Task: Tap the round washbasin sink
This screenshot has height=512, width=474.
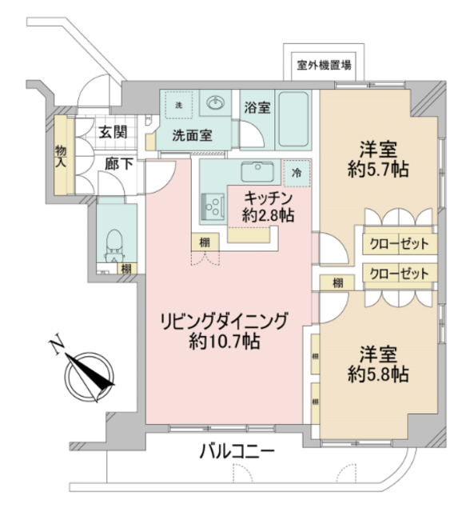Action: (x=215, y=103)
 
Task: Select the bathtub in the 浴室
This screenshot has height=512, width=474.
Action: (x=293, y=119)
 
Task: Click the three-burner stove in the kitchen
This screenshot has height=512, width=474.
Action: (x=213, y=206)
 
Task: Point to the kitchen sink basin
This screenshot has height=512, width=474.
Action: (x=257, y=172)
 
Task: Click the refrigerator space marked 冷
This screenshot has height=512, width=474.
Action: (x=297, y=173)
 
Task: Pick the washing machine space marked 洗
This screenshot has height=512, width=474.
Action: (x=179, y=105)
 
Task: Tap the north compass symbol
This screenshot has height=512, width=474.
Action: (x=90, y=377)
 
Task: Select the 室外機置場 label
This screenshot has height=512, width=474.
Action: (x=324, y=65)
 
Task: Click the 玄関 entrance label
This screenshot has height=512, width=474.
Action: (x=113, y=132)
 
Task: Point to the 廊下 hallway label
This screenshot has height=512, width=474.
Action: (x=119, y=164)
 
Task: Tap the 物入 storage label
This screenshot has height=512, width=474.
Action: (x=61, y=157)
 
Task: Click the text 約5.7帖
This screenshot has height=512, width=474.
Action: (x=378, y=170)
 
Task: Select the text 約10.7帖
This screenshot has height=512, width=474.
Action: (x=225, y=342)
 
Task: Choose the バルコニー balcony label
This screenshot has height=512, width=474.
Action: (x=237, y=451)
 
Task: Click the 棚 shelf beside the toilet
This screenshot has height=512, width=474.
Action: (x=126, y=269)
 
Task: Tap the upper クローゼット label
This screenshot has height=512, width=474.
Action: (x=399, y=243)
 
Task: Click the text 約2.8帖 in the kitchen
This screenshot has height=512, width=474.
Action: (x=268, y=215)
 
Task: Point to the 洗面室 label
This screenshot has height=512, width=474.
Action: (x=192, y=135)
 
